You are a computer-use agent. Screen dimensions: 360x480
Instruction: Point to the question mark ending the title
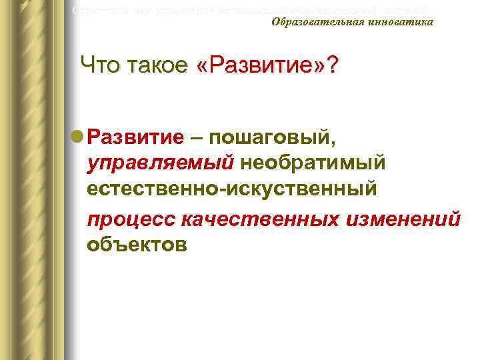[x=331, y=66]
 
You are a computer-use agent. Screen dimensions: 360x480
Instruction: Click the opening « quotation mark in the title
[x=204, y=67]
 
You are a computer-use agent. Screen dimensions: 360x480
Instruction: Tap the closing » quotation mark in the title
[x=317, y=67]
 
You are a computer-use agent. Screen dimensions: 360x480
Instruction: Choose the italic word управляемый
[x=160, y=164]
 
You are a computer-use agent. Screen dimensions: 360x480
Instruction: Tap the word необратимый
[x=313, y=164]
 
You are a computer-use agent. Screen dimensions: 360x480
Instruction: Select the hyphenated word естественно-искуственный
[x=232, y=190]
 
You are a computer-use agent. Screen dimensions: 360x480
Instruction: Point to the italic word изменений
[x=404, y=219]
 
